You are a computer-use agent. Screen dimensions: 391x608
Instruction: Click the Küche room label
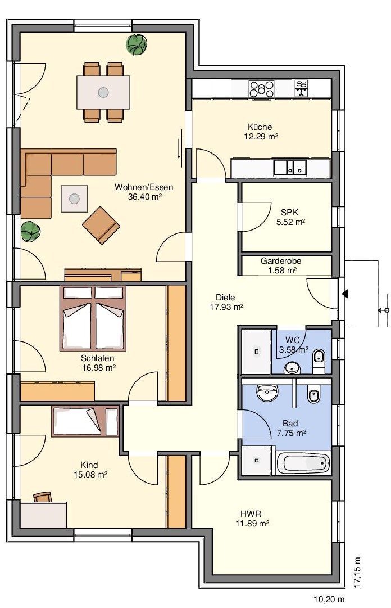coord(260,127)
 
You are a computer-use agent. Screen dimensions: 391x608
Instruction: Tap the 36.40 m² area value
coord(144,197)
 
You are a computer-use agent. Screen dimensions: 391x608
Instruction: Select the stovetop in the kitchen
coord(261,89)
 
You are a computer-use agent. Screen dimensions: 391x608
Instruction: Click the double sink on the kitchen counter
coord(290,167)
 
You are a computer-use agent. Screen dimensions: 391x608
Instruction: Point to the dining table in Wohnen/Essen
coord(103,92)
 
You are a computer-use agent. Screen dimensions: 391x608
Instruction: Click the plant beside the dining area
coord(137,44)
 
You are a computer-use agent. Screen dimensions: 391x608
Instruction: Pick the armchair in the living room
coord(101,226)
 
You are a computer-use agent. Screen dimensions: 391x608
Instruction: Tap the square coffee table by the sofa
coord(74,199)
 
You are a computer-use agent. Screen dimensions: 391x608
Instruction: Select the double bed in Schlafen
coord(93,318)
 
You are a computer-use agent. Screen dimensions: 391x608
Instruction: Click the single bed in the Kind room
coord(85,421)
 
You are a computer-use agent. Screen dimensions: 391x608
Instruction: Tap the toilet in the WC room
coord(319,358)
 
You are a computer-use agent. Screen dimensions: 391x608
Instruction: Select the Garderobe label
coord(281,261)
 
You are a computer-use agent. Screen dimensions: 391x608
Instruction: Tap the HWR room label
coord(251,514)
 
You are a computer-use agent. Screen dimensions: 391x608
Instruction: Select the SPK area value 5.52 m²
coord(291,222)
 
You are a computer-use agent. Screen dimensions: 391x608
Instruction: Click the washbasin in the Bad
coord(267,393)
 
